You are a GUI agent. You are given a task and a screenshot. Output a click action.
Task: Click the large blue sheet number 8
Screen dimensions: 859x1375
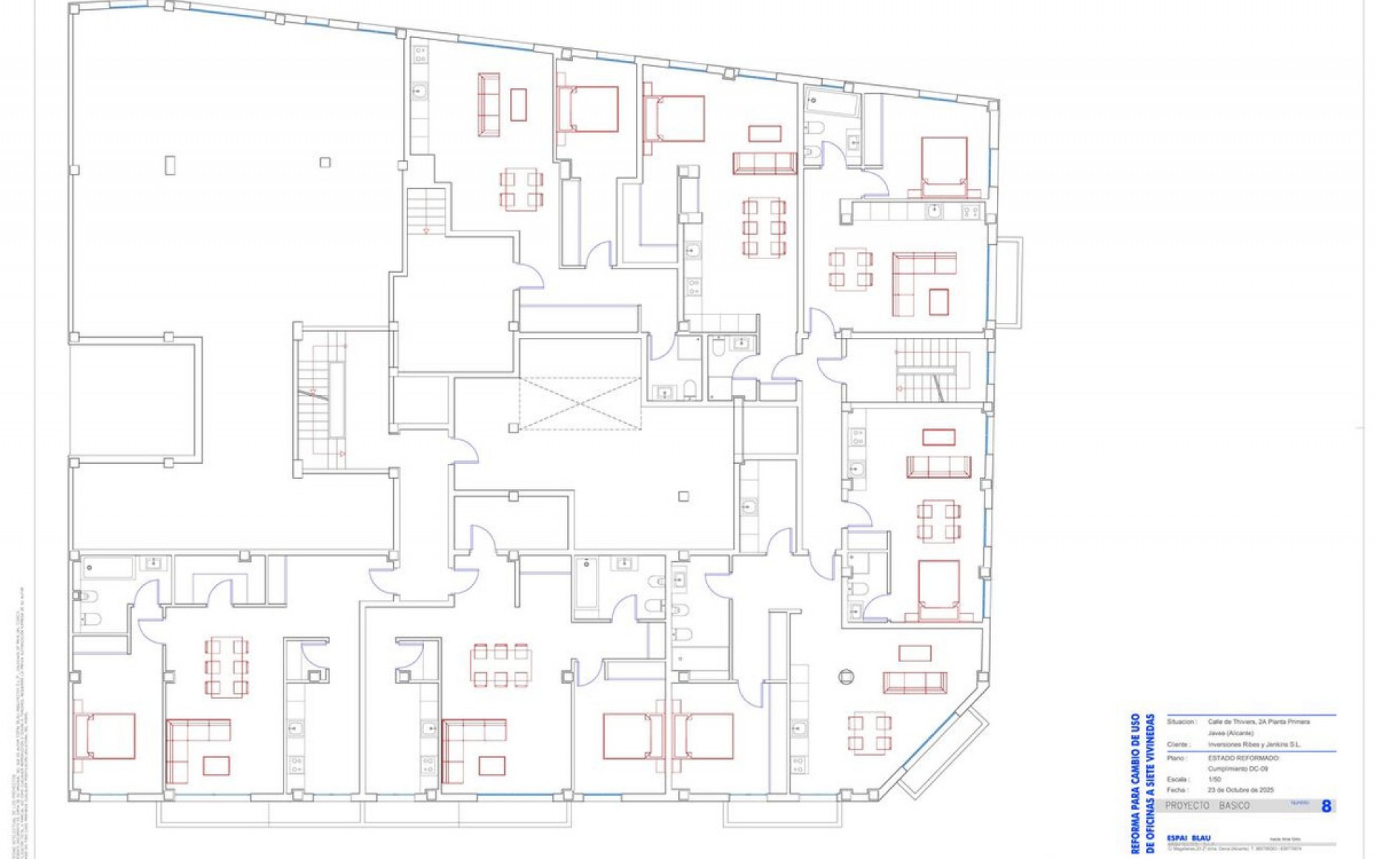(1326, 806)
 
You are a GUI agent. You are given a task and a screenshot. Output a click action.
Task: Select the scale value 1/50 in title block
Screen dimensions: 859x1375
(1215, 780)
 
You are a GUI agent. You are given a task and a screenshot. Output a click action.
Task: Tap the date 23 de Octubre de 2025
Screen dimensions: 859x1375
(1240, 790)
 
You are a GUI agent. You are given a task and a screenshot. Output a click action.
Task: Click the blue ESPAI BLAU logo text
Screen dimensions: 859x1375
(1187, 838)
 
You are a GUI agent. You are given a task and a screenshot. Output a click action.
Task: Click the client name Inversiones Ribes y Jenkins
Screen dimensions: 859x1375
(1254, 744)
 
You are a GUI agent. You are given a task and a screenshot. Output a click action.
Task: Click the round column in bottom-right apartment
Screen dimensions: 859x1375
(846, 676)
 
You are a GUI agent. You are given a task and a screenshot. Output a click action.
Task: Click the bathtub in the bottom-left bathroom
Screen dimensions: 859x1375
(107, 568)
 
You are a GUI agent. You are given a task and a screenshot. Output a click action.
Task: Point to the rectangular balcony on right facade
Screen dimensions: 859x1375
(1008, 281)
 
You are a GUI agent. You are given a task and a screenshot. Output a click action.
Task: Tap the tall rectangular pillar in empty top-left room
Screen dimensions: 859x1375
(170, 165)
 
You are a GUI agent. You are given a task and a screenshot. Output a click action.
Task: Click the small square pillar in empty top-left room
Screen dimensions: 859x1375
(325, 162)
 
